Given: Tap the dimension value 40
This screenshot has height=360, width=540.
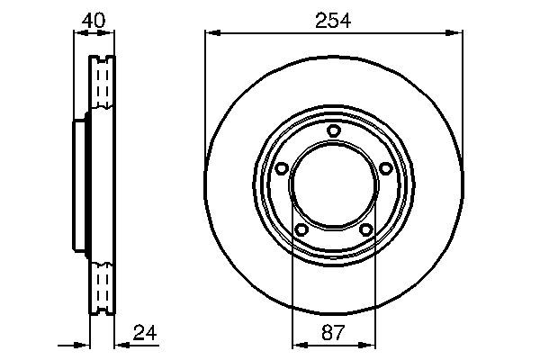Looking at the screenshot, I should click(92, 18).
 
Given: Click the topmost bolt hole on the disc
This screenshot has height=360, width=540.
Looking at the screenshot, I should click(333, 131).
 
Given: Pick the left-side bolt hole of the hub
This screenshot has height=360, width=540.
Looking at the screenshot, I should click(281, 168).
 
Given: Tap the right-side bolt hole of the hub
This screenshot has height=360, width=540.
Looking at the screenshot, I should click(385, 168).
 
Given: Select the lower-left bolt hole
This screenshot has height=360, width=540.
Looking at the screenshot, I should click(301, 230).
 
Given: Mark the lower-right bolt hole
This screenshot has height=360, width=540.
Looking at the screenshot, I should click(365, 230).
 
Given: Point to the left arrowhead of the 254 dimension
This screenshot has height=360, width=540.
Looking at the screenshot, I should click(211, 33).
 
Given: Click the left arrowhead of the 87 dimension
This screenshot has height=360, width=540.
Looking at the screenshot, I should click(298, 345).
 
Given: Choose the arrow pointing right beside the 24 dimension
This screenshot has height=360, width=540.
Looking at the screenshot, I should click(81, 345).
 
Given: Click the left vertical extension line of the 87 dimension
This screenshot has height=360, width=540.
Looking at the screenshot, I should click(293, 288).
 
